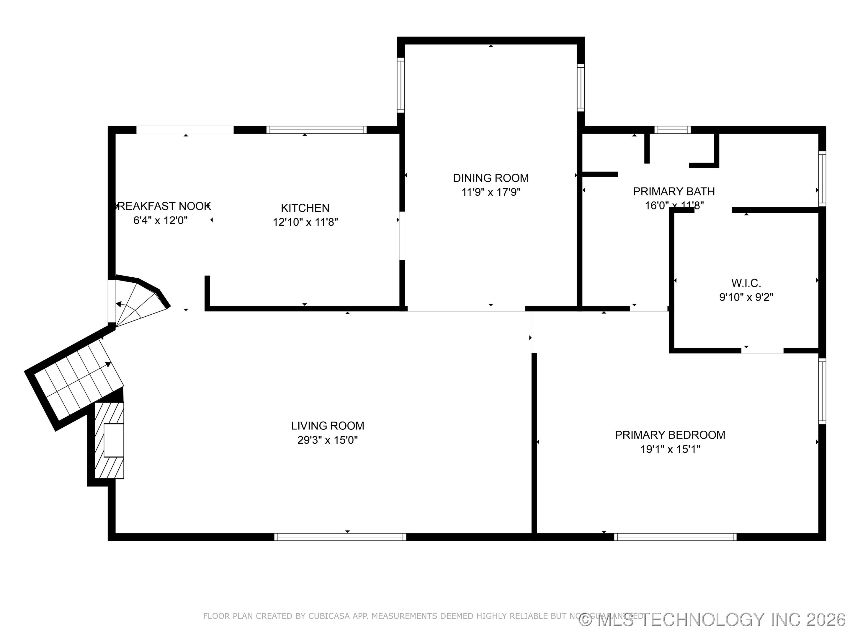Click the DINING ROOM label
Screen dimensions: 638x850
click(x=491, y=178)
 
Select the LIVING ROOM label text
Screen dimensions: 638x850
click(x=327, y=426)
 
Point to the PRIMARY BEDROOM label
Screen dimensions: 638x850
click(x=670, y=435)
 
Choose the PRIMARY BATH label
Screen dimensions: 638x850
click(x=674, y=191)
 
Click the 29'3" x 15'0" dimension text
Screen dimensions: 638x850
click(x=327, y=440)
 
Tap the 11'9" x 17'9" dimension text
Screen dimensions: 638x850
click(x=491, y=192)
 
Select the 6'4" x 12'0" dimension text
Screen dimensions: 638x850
click(x=160, y=220)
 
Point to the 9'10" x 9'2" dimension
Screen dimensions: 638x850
click(x=746, y=297)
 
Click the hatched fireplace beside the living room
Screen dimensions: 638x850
click(x=109, y=440)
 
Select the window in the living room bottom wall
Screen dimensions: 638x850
click(x=340, y=537)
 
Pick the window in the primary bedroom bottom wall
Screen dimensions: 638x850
click(x=675, y=537)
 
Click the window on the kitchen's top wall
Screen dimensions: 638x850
click(x=316, y=130)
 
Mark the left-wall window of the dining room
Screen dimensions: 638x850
click(x=401, y=85)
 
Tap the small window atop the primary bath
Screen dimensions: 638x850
click(x=672, y=130)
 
